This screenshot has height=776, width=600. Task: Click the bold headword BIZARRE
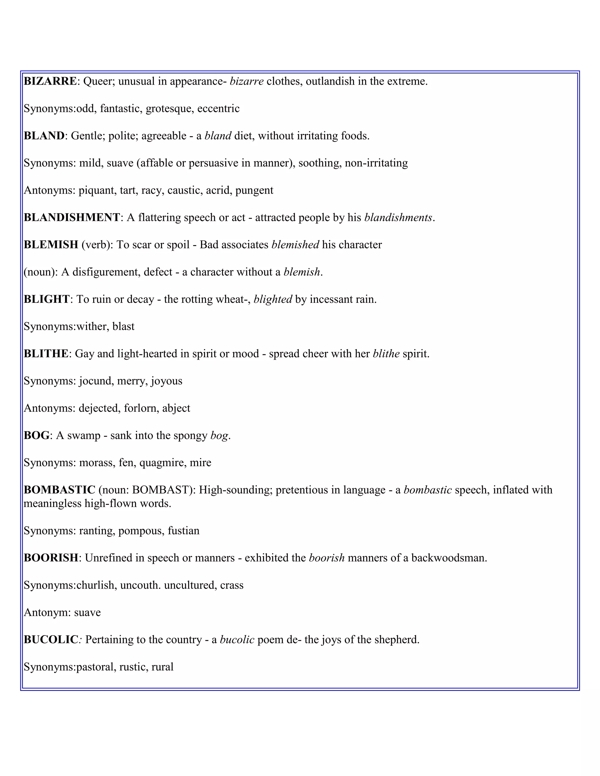coord(50,81)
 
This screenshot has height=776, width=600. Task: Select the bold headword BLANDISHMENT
coord(72,218)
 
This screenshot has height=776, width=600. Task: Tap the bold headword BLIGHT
coord(46,299)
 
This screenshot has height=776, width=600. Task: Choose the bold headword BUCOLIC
coord(51,640)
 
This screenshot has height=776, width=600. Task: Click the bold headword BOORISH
coord(51,558)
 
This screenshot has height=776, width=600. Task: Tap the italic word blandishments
coord(398,218)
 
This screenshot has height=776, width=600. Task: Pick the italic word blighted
coord(273,299)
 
